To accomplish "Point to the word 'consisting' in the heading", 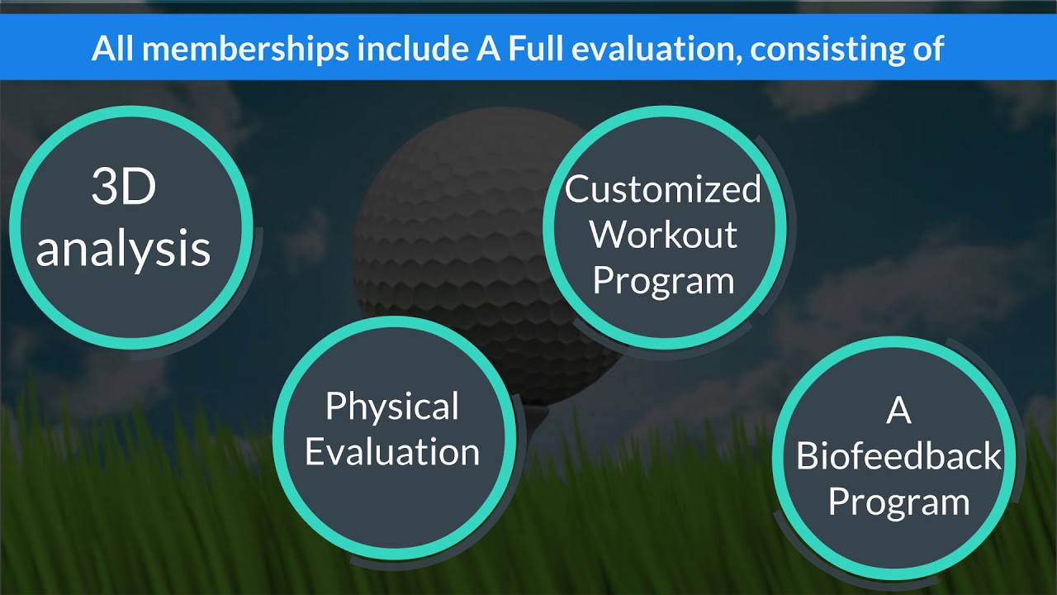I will tap(827, 49).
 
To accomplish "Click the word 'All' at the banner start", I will tap(112, 49).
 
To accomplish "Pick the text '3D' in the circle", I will tap(123, 188).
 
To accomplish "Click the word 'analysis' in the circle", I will tap(123, 248).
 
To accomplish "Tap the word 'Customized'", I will tap(663, 189).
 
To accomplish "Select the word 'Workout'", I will tap(663, 235).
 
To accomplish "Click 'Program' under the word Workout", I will tap(663, 281).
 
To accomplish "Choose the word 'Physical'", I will tap(392, 406).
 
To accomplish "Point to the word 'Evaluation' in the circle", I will tap(392, 452).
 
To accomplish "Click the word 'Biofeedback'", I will tap(898, 457).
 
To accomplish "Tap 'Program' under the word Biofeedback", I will tap(898, 502).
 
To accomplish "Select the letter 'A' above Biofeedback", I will tap(898, 411).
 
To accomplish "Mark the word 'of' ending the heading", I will tap(928, 49).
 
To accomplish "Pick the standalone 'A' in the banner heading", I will tap(487, 49).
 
